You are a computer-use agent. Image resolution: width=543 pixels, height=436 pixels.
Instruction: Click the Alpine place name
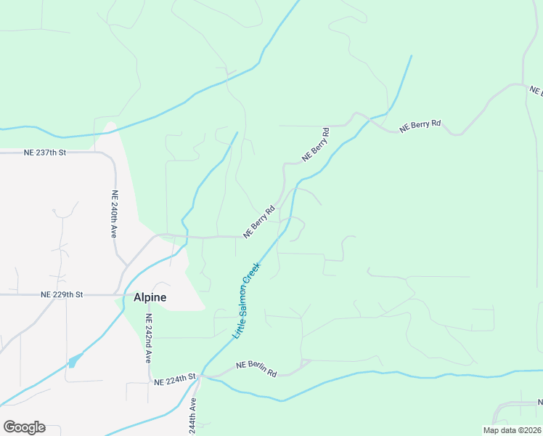click(x=150, y=297)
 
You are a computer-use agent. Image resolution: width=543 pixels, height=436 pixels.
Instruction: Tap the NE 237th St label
click(x=45, y=153)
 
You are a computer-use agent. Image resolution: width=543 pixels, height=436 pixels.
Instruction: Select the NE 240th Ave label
click(x=114, y=214)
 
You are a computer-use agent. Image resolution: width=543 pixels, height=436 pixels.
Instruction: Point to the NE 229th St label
click(x=62, y=294)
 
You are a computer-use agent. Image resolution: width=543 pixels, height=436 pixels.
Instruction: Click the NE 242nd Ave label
click(x=147, y=339)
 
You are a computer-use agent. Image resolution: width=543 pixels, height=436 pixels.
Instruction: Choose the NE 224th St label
click(x=175, y=376)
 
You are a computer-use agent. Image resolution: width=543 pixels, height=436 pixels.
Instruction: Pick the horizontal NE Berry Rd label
click(x=421, y=124)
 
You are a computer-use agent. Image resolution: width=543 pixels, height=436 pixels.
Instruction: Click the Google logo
click(x=24, y=427)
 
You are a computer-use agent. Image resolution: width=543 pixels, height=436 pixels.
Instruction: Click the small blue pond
click(x=75, y=360)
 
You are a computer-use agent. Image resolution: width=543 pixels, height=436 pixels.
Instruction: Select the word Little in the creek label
click(x=237, y=330)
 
